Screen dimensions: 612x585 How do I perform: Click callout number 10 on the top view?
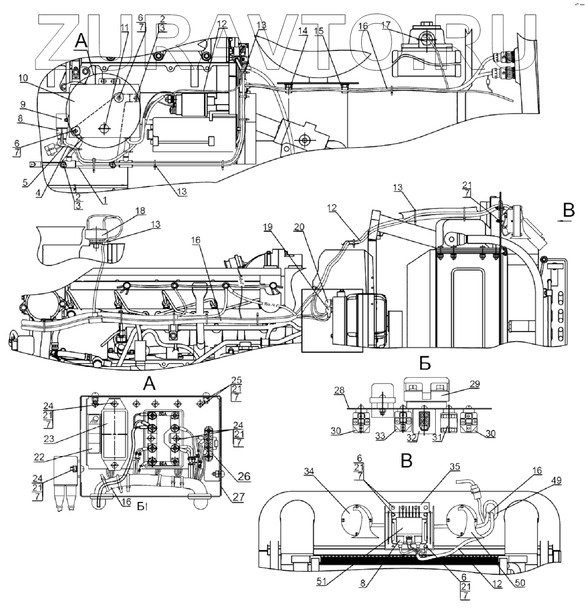click(x=24, y=78)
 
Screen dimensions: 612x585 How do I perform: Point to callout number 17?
click(x=386, y=26)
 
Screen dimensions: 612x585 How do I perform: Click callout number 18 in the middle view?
click(x=141, y=211)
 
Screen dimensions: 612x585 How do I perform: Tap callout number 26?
click(x=244, y=476)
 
